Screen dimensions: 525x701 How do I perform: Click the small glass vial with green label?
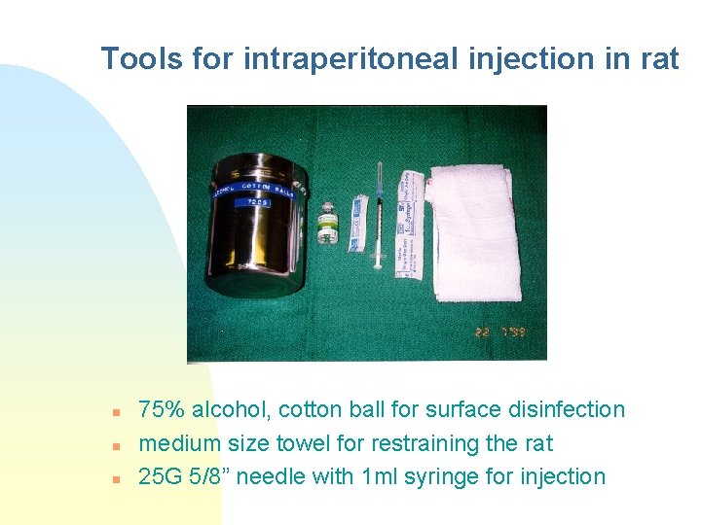pos(326,229)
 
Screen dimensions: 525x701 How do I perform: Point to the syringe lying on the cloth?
pos(379,219)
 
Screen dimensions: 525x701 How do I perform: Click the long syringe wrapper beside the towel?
pos(409,224)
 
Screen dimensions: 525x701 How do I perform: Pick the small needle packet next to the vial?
pos(357,225)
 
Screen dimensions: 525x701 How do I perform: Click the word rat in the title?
pos(659,58)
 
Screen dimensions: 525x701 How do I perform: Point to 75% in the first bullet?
pos(160,409)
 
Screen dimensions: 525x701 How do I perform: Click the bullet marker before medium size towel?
pos(115,445)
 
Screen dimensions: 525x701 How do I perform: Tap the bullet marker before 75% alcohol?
pos(115,411)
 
